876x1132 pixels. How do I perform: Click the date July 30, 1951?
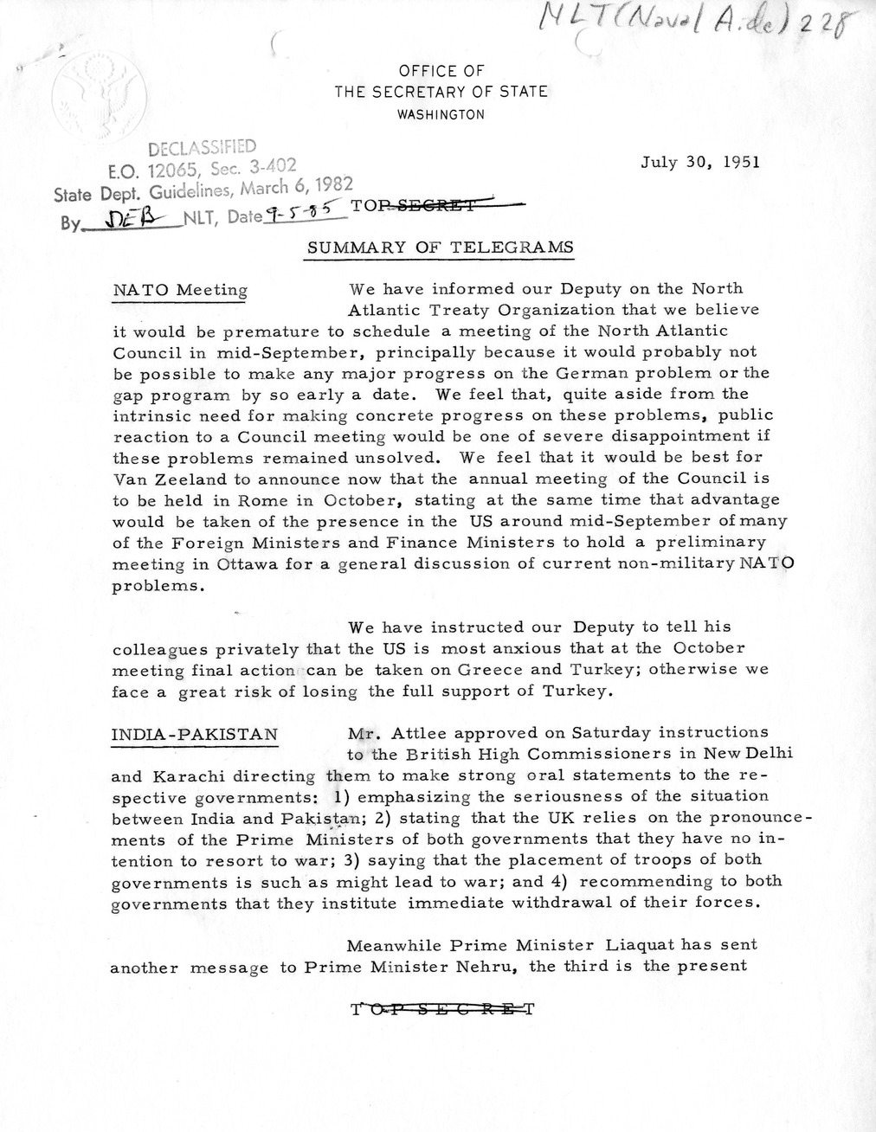coord(700,162)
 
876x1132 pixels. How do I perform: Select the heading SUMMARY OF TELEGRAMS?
coord(441,248)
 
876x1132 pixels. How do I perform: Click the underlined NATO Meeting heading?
coord(180,291)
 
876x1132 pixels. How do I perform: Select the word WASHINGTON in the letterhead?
coord(441,114)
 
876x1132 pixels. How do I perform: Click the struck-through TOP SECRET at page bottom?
coord(442,1008)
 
